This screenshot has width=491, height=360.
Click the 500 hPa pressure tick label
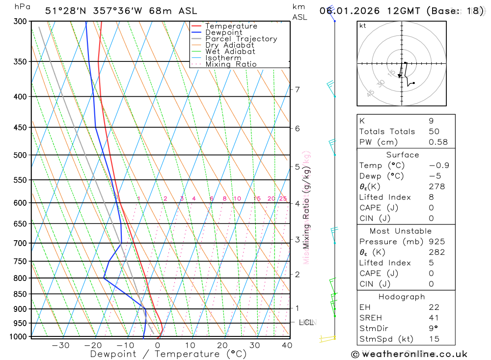(21, 155)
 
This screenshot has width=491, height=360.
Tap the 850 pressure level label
(21, 294)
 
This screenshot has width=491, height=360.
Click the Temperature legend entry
(231, 26)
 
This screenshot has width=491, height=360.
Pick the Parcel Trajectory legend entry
(241, 39)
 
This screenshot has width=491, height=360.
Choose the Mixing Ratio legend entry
(231, 64)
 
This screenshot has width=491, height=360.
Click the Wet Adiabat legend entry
(230, 52)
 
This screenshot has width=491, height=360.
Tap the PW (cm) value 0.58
(438, 142)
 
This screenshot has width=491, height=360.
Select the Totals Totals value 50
(434, 132)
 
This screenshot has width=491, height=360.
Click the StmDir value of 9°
(433, 328)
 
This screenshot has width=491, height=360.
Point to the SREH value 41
(434, 318)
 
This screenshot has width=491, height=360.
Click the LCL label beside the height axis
(306, 323)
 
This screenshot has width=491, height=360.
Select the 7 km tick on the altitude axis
(297, 89)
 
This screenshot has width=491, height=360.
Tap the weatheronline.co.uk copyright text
(409, 354)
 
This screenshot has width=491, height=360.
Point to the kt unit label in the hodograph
(363, 26)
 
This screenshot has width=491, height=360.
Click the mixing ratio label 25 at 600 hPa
(283, 199)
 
